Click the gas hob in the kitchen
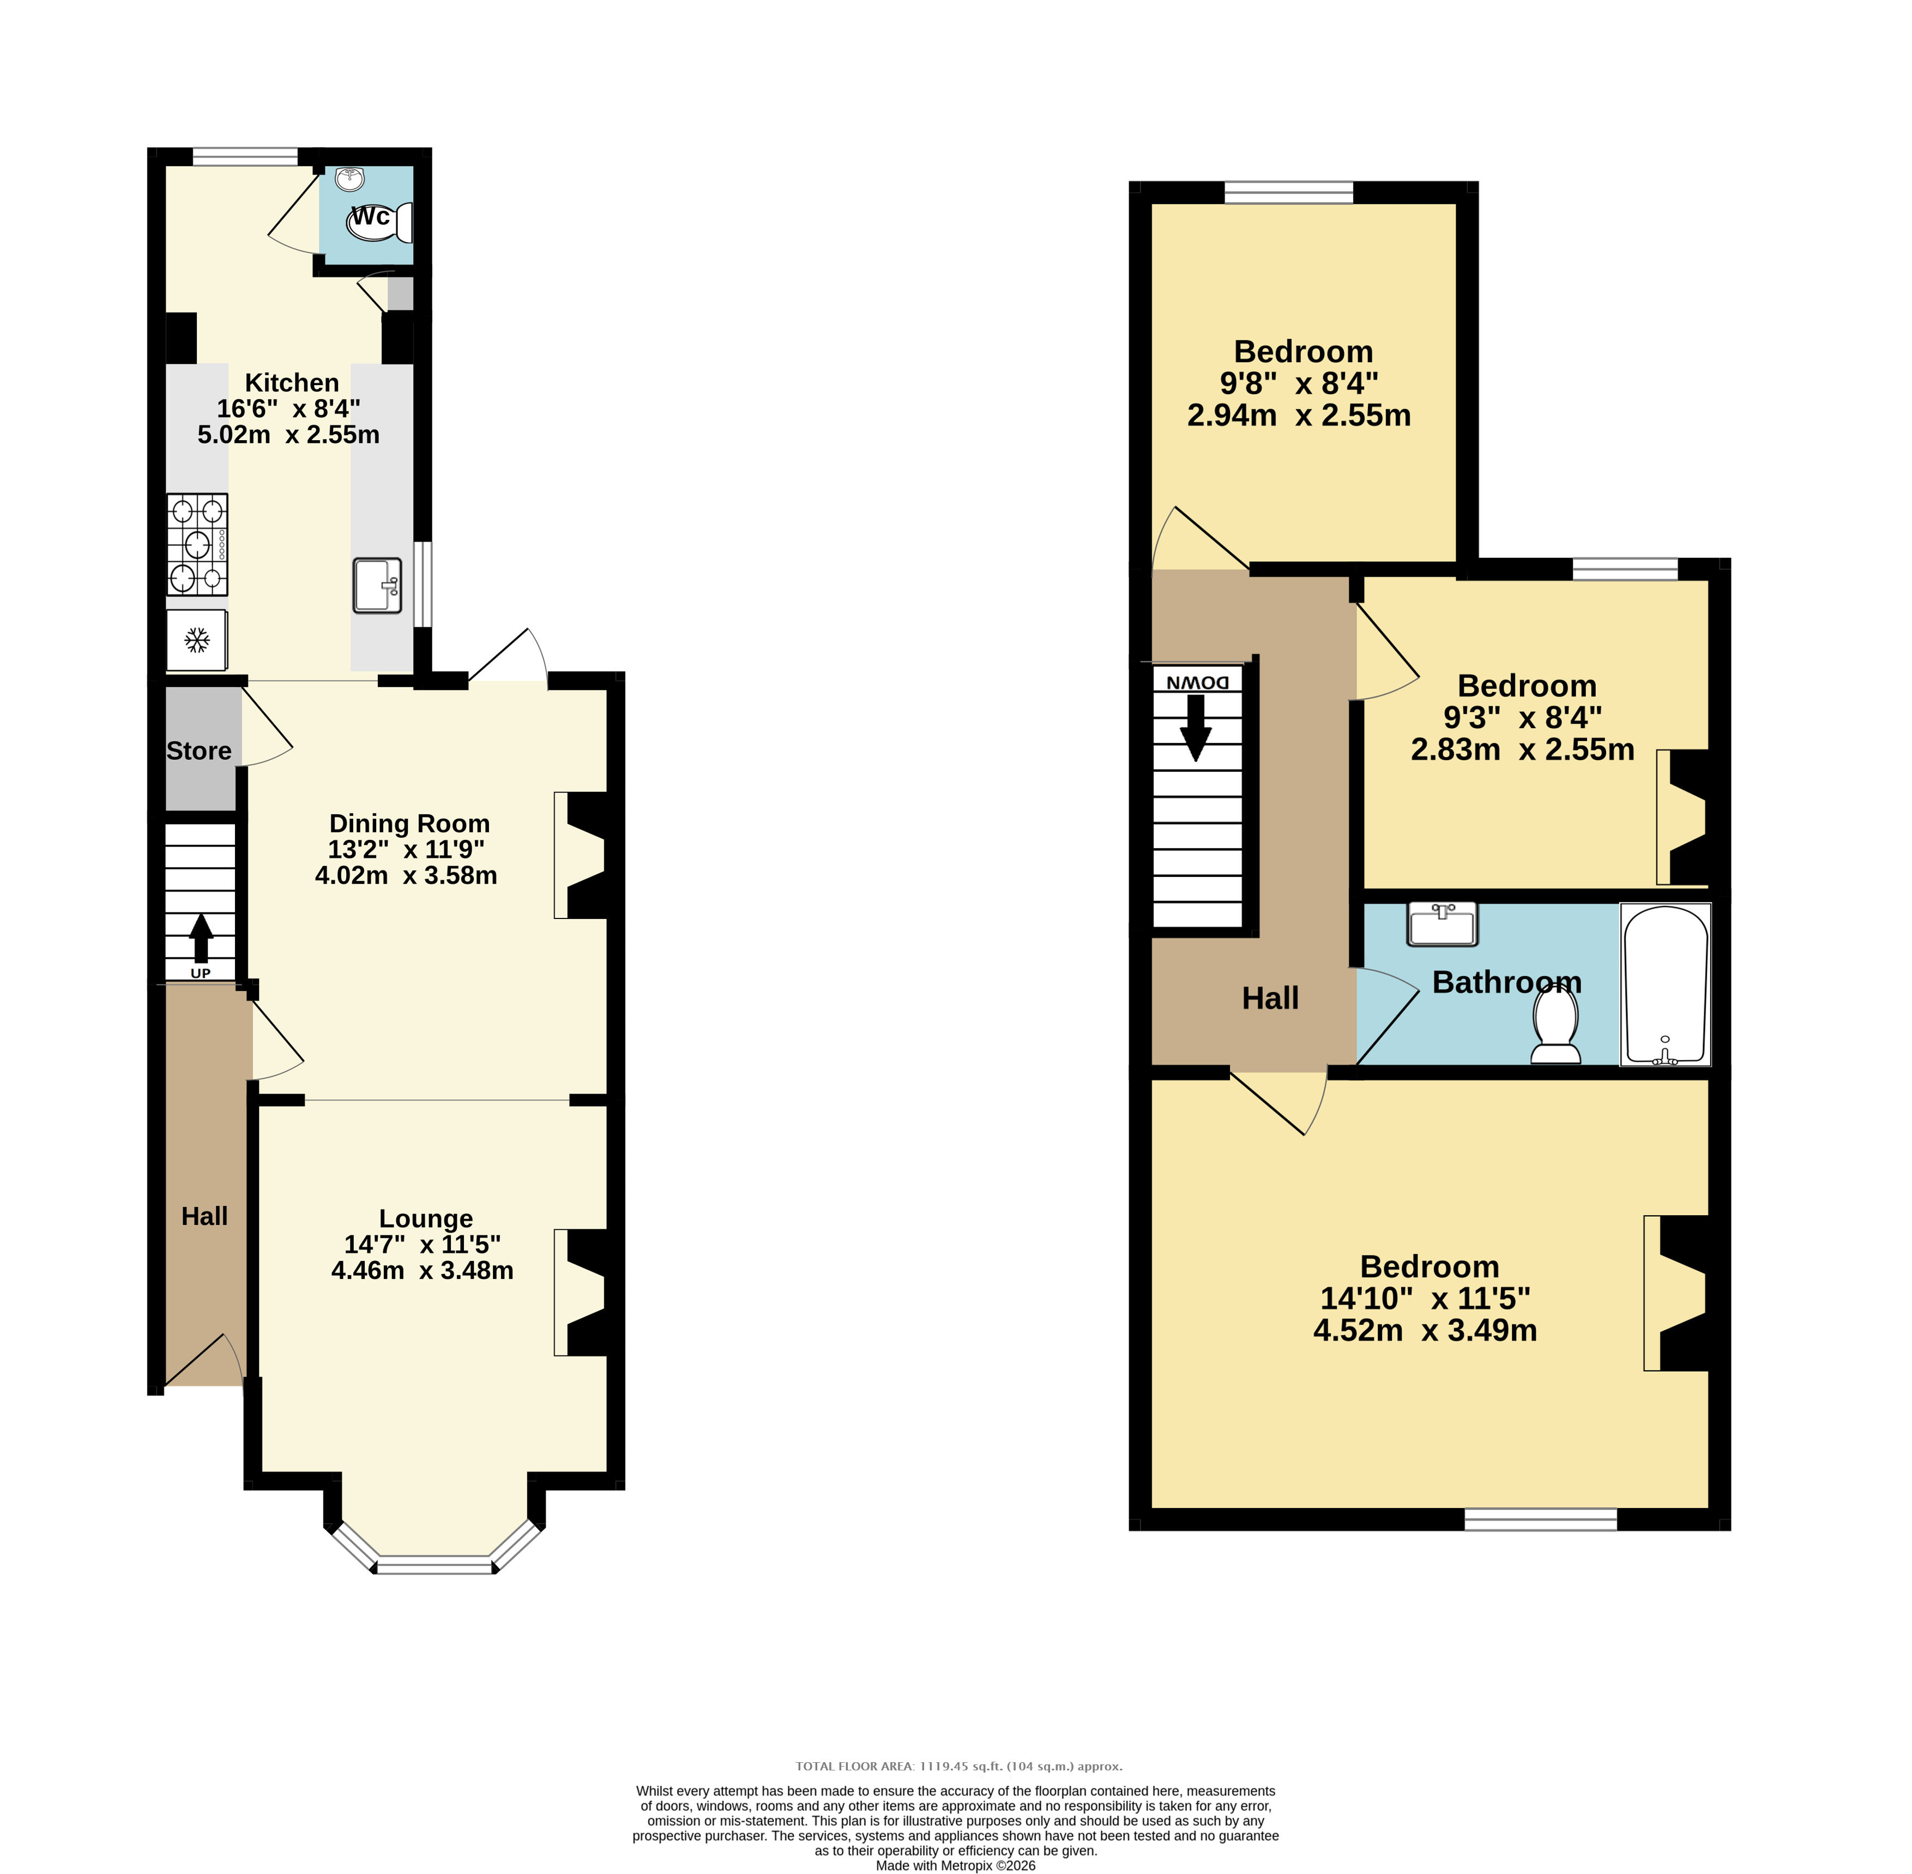pos(197,544)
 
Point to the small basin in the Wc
pos(349,178)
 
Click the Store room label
pos(199,751)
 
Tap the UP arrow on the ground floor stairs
pos(201,938)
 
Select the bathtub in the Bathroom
pos(1666,984)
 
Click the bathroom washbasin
pos(1443,924)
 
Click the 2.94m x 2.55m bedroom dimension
pos(1299,416)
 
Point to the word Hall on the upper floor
pos(1270,999)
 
